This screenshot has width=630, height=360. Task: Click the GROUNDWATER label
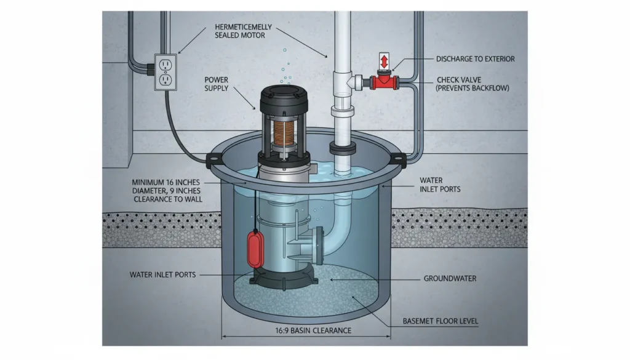pyautogui.click(x=450, y=279)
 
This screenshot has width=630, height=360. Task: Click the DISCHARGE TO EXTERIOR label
pyautogui.click(x=475, y=59)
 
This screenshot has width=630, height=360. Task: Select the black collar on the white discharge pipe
pyautogui.click(x=343, y=148)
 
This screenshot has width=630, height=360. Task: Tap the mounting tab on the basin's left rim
pyautogui.click(x=213, y=161)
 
